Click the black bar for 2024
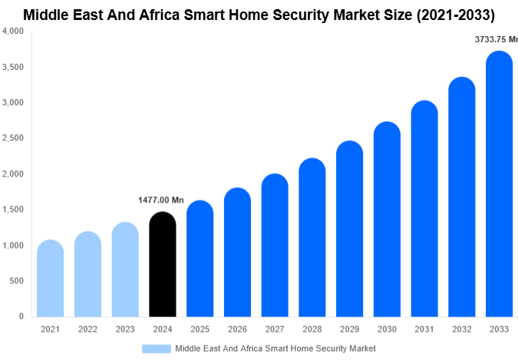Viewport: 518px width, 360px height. [x=162, y=265]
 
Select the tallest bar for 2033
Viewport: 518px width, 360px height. [x=500, y=184]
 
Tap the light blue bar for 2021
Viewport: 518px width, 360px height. [x=50, y=279]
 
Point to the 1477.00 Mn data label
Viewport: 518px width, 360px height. [x=161, y=200]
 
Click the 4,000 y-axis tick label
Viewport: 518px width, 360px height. [x=13, y=31]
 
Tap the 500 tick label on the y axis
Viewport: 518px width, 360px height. [x=17, y=281]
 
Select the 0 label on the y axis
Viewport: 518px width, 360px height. [x=21, y=316]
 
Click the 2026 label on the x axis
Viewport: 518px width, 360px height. [x=237, y=329]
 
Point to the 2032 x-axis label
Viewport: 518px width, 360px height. [x=462, y=329]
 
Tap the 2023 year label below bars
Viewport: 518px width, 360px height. [x=124, y=329]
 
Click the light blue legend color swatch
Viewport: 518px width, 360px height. [x=157, y=348]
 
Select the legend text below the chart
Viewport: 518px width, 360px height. [x=275, y=348]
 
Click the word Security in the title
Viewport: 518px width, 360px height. [x=306, y=14]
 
